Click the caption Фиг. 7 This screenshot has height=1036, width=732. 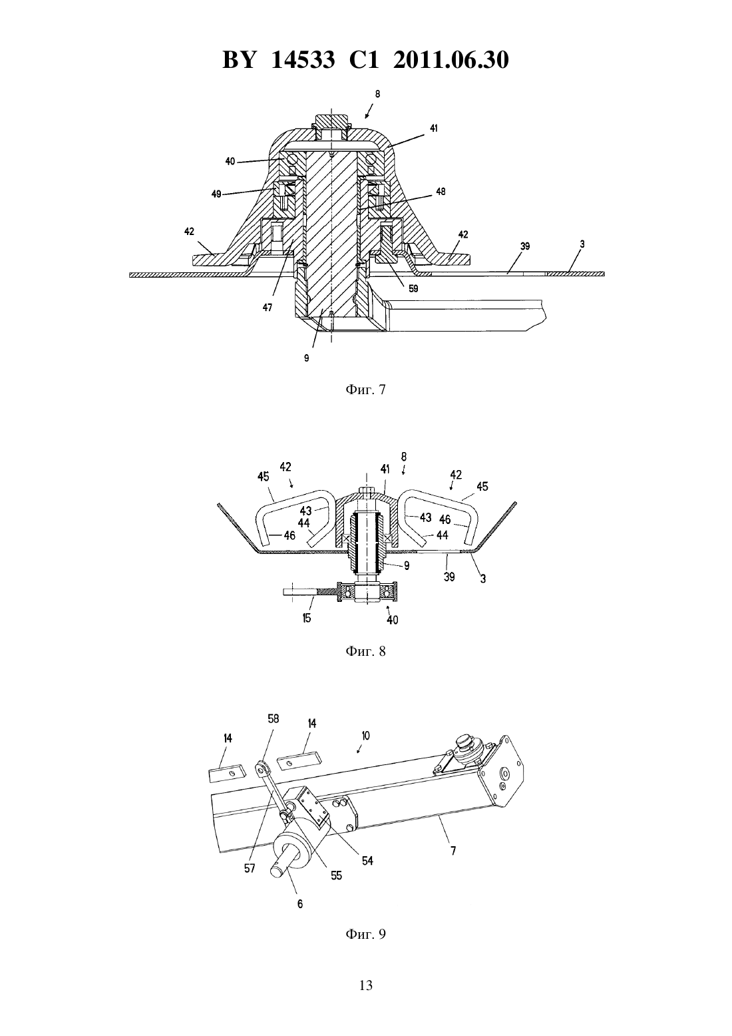point(365,389)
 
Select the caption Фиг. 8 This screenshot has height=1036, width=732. point(365,651)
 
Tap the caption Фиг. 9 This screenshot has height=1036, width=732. point(365,933)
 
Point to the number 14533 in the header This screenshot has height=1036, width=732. point(303,60)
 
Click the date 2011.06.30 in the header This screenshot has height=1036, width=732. point(451,60)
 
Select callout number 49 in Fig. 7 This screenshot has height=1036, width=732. point(217,194)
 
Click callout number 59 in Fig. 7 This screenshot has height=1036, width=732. point(413,288)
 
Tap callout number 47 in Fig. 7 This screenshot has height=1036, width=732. point(268,307)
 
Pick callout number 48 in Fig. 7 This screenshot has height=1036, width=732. point(441,192)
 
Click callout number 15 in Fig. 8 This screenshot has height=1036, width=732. point(306,618)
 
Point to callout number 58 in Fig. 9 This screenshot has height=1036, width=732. point(274,718)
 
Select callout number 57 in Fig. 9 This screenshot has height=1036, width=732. point(250,869)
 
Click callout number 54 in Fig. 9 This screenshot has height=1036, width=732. point(367,861)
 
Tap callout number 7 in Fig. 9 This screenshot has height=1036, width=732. point(453,850)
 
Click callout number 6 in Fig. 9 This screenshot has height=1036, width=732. point(300,904)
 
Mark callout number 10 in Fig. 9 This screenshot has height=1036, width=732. point(365,735)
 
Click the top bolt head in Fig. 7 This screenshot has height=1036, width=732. point(331,122)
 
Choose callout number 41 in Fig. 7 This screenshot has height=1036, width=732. point(433,129)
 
